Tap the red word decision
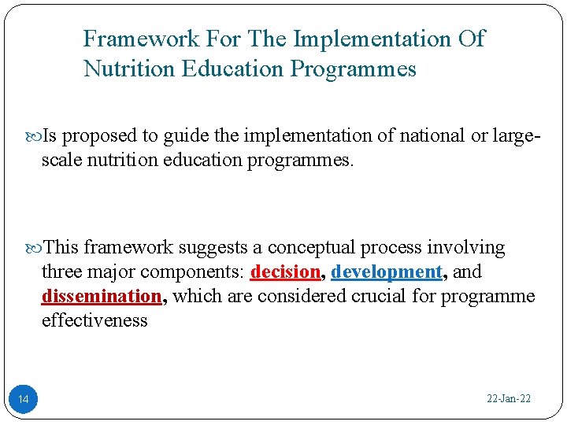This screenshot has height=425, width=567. click(285, 272)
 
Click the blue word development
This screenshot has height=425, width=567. click(387, 272)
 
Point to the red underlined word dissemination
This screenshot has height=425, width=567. click(102, 297)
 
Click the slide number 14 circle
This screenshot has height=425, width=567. click(24, 401)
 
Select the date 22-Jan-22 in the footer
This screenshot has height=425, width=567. click(509, 399)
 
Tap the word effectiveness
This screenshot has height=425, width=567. click(95, 321)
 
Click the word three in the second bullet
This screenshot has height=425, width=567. click(61, 272)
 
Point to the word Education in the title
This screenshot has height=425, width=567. click(232, 69)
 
